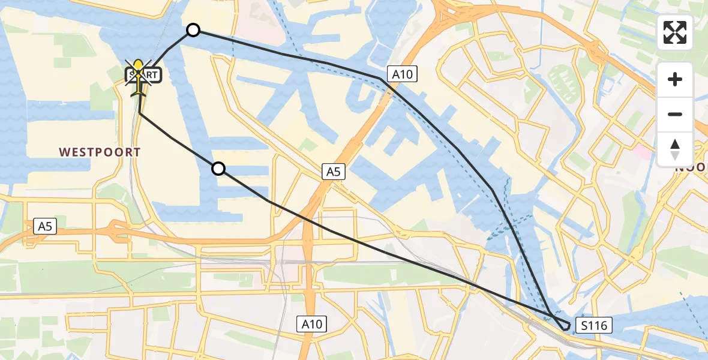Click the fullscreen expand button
[675, 32]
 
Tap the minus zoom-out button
[675, 114]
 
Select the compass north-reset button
[675, 149]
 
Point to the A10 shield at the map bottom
[312, 325]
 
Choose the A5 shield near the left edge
[45, 226]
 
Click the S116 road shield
[593, 326]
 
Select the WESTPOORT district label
[100, 152]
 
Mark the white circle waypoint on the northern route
[193, 30]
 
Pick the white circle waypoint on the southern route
[219, 169]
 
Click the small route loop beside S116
[564, 325]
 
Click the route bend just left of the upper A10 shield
[380, 79]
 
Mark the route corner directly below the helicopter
[140, 112]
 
